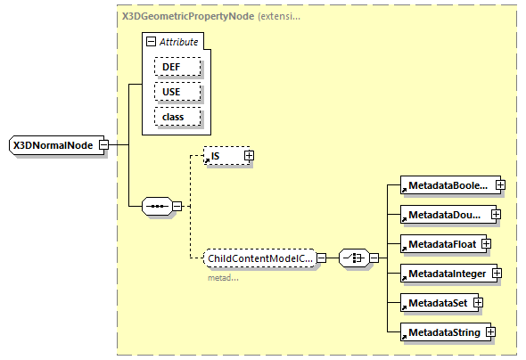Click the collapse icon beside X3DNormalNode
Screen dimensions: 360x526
click(x=104, y=144)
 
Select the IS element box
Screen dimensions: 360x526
click(x=223, y=156)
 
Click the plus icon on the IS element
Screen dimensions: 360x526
click(x=249, y=156)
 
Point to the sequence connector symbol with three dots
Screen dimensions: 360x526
click(x=156, y=207)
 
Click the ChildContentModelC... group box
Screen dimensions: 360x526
click(x=259, y=258)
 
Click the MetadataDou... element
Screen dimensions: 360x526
click(x=446, y=215)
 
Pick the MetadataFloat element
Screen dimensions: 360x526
click(x=440, y=243)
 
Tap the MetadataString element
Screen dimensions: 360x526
click(x=442, y=332)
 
